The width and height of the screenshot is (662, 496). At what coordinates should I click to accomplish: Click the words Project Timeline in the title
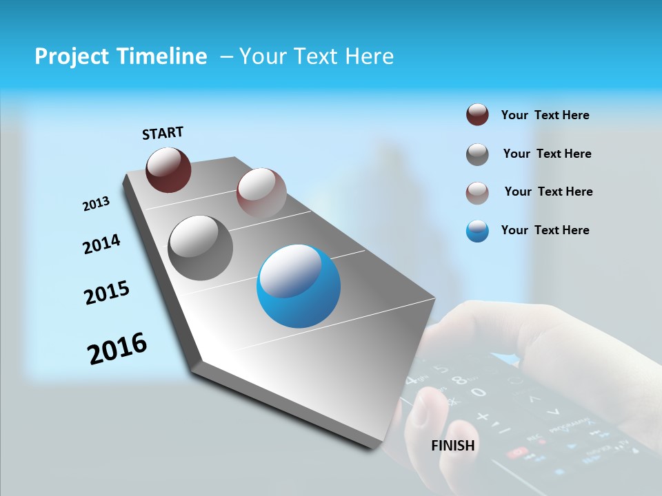coord(121,56)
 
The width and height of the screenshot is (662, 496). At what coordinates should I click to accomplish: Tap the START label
coord(163,133)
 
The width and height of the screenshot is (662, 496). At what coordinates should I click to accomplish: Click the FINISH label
coord(453,446)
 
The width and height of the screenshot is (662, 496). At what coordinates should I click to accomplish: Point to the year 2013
coord(96,204)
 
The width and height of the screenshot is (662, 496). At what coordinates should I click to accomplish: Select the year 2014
coord(101,244)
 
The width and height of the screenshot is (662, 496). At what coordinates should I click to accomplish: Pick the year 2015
coord(107,293)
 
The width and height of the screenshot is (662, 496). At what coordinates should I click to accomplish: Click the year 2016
coord(117,349)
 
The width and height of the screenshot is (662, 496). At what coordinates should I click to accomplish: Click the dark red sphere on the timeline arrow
coord(168,169)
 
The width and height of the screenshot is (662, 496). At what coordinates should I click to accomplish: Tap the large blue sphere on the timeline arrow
coord(299,287)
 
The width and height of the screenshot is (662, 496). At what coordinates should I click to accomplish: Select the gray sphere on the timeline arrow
coord(201,248)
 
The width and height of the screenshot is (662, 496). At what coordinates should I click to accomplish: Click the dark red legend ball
coord(477,115)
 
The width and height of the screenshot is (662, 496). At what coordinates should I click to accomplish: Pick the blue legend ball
coord(477,231)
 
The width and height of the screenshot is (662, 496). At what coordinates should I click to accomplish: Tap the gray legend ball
coord(477,154)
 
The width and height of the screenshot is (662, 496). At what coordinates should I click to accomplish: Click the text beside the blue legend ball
coord(545,230)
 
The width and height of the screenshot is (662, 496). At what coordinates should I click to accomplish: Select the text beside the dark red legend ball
coord(545,115)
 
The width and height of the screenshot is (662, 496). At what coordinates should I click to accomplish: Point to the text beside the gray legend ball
coord(547,154)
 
